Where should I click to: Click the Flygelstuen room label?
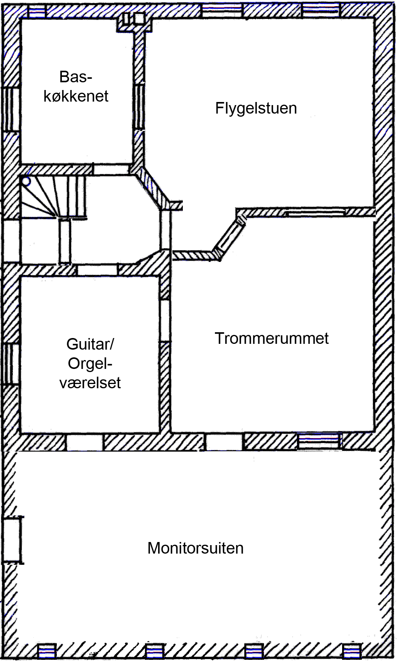click(x=256, y=108)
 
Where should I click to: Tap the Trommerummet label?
click(x=271, y=338)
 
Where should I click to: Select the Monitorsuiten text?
click(x=195, y=548)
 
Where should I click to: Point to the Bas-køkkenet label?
click(x=76, y=87)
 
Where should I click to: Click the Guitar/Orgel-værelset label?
click(x=90, y=364)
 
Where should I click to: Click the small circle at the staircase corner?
click(x=26, y=181)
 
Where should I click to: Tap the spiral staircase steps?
click(x=53, y=197)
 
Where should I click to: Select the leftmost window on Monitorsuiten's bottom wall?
click(x=47, y=651)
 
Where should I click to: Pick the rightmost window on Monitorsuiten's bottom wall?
click(x=352, y=651)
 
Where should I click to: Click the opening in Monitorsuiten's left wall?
click(x=12, y=540)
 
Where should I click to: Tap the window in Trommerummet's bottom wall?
click(x=319, y=442)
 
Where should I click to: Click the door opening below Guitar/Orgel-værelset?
click(x=84, y=442)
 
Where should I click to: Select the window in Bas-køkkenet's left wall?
click(x=11, y=109)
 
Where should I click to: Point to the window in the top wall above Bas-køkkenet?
click(x=37, y=12)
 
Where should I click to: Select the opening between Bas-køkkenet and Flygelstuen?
click(x=139, y=106)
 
